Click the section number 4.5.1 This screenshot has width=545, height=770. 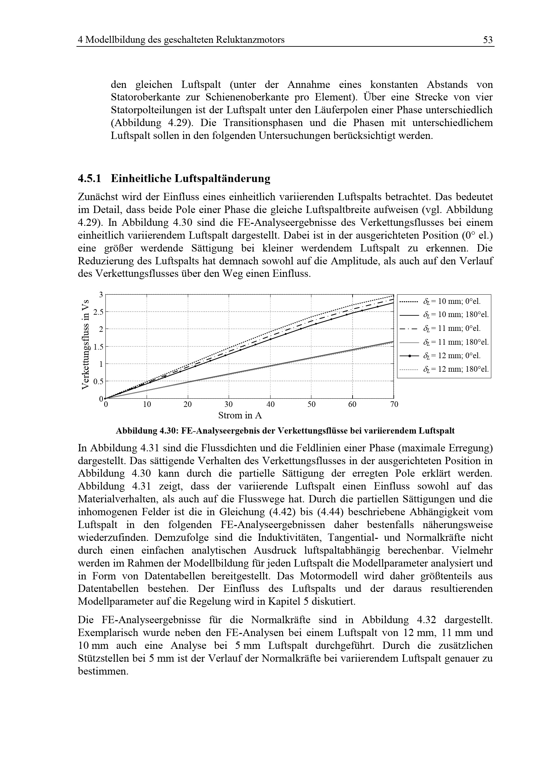89,178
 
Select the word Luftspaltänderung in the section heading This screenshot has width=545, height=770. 222,178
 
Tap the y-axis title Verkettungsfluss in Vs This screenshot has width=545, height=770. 86,344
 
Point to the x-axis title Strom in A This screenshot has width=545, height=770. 240,415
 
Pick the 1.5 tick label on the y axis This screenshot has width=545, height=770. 98,347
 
